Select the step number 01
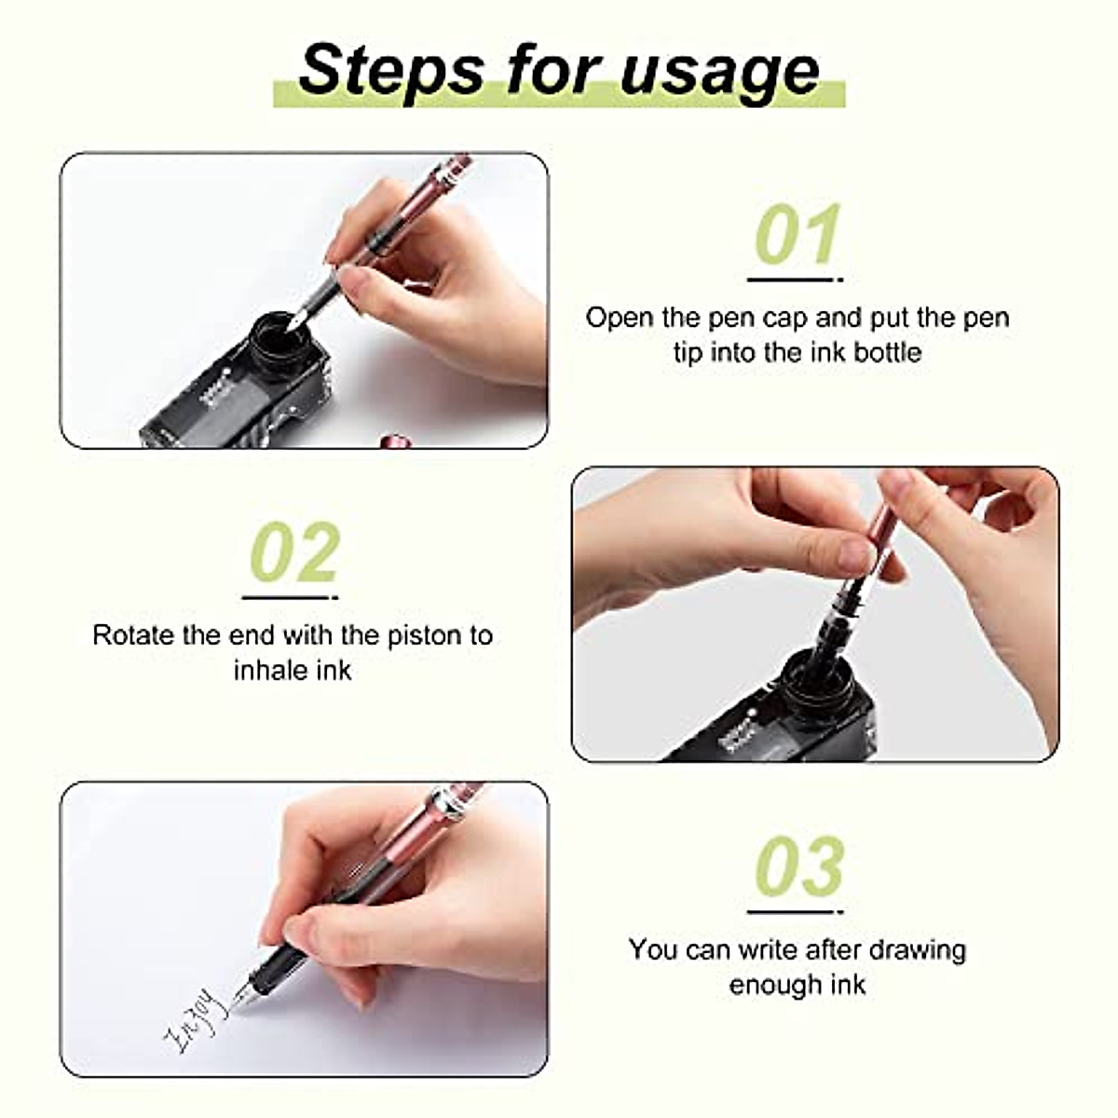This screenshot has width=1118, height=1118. point(797,234)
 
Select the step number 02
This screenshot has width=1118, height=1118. point(294,552)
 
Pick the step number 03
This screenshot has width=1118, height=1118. point(798,866)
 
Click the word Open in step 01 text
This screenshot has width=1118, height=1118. point(620,318)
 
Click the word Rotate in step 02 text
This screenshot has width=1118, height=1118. point(134,635)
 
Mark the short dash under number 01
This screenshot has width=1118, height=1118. point(794,279)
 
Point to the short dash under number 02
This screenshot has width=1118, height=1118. point(290,597)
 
